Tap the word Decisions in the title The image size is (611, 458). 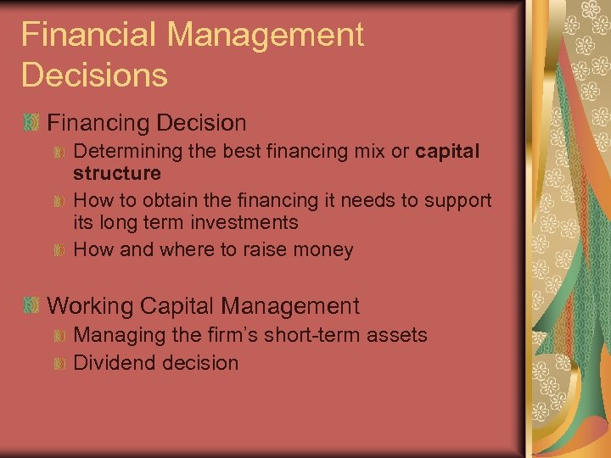(94, 75)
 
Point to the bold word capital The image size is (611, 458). (448, 151)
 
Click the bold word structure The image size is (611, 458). (116, 173)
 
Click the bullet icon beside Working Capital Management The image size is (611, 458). (31, 306)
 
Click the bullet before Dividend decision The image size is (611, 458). (59, 364)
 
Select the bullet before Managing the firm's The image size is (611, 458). (59, 336)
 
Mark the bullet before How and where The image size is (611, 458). (59, 250)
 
